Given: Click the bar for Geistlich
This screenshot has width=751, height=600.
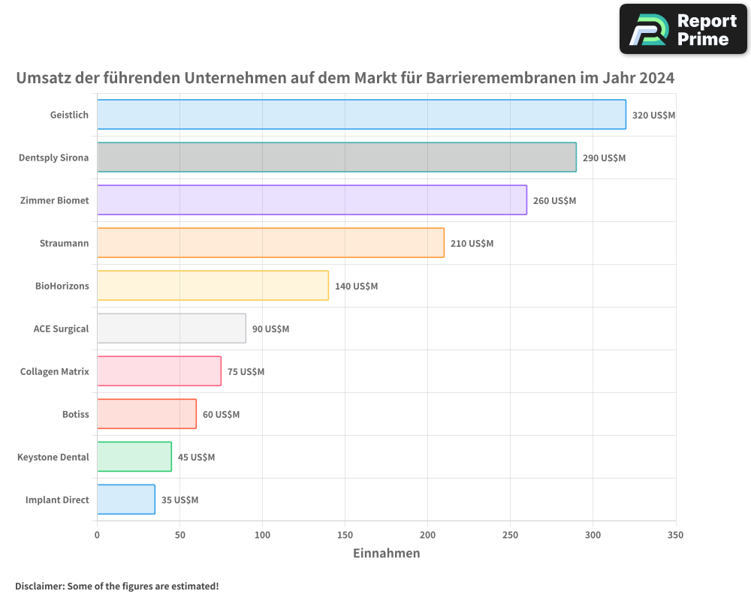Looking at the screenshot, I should click(x=361, y=115).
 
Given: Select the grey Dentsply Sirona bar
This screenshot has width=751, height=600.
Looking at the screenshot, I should click(x=336, y=157).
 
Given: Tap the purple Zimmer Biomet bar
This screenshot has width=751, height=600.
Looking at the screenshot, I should click(x=312, y=200).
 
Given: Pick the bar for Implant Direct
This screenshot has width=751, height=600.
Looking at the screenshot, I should click(x=126, y=499).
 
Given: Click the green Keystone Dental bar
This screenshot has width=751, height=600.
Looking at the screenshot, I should click(x=134, y=457).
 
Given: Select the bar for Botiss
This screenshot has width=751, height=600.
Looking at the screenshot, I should click(x=146, y=414).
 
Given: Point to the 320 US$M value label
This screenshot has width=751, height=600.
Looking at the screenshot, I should click(x=653, y=115).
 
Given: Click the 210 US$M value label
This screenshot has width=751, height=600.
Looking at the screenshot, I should click(x=472, y=244).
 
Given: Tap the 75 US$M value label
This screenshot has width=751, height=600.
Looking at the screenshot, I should click(x=246, y=372).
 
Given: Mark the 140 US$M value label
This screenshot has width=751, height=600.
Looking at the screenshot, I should click(x=356, y=286).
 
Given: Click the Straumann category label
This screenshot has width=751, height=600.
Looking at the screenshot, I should click(x=64, y=244).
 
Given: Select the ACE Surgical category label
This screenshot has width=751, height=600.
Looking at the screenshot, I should click(x=61, y=329).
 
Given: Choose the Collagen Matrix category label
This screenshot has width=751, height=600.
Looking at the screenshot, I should click(x=54, y=372).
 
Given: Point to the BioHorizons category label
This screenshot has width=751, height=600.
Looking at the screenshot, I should click(x=62, y=286).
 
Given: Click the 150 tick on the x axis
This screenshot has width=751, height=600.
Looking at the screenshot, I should click(x=345, y=535).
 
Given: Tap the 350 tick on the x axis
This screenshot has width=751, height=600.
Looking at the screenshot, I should click(x=675, y=535).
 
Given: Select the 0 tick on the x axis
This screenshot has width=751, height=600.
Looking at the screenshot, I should click(x=97, y=535).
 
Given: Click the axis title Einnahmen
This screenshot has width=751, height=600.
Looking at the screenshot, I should click(x=386, y=553).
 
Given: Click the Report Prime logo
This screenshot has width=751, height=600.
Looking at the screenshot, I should click(x=683, y=29).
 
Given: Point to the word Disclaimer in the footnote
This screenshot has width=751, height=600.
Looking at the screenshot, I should click(x=39, y=586).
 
